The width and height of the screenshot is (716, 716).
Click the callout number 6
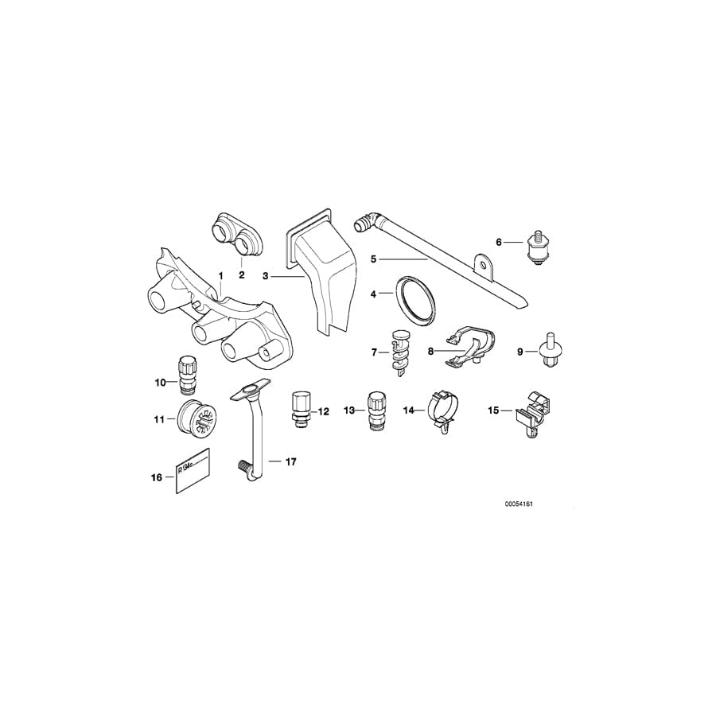pyautogui.click(x=499, y=242)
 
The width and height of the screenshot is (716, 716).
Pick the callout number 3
pyautogui.click(x=267, y=277)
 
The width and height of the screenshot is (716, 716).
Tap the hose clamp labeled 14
pyautogui.click(x=442, y=411)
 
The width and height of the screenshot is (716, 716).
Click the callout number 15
pyautogui.click(x=493, y=411)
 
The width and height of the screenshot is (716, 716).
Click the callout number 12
pyautogui.click(x=323, y=411)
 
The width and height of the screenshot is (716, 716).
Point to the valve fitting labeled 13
pyautogui.click(x=376, y=409)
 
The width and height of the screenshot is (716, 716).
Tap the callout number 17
pyautogui.click(x=290, y=461)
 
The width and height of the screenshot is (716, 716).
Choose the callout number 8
pyautogui.click(x=430, y=349)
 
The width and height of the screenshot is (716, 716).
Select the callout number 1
pyautogui.click(x=220, y=275)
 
